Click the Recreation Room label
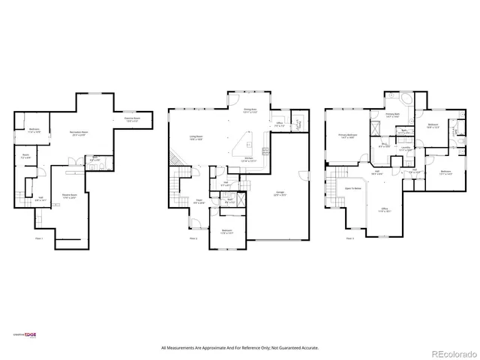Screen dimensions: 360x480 tap(71, 132)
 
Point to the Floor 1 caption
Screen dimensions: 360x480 tap(39, 238)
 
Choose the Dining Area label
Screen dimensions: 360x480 tap(250, 110)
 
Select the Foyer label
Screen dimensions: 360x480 tap(199, 201)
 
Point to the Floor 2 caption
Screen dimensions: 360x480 tap(193, 238)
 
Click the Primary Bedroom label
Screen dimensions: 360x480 tap(346, 136)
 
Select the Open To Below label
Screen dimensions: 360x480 tap(353, 189)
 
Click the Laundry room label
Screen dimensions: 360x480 tap(405, 148)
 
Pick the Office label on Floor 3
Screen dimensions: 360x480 tap(384, 210)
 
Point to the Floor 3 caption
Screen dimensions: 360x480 tap(349, 238)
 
